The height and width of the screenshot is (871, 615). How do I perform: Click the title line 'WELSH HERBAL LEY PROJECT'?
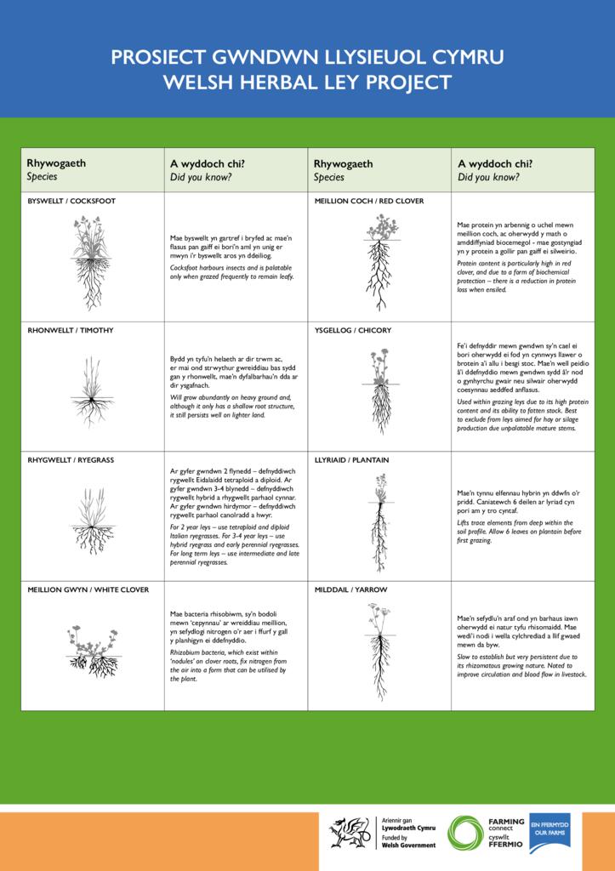(307, 83)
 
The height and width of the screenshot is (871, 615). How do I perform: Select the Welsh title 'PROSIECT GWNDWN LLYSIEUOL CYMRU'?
(307, 57)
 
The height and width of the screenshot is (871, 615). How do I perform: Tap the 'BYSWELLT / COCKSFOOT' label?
(71, 201)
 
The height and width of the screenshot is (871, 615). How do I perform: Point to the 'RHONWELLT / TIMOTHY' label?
(71, 330)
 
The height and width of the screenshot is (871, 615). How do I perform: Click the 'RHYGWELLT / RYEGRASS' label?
(71, 460)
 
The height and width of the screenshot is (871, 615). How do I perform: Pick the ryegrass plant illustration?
(90, 519)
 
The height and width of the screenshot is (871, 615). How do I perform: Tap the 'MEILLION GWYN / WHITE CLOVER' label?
(88, 589)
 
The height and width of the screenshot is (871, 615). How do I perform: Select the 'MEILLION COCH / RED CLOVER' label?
(368, 201)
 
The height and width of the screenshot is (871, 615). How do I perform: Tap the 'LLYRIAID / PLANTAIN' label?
(351, 460)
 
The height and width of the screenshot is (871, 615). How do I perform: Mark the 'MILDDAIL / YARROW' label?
(350, 589)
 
